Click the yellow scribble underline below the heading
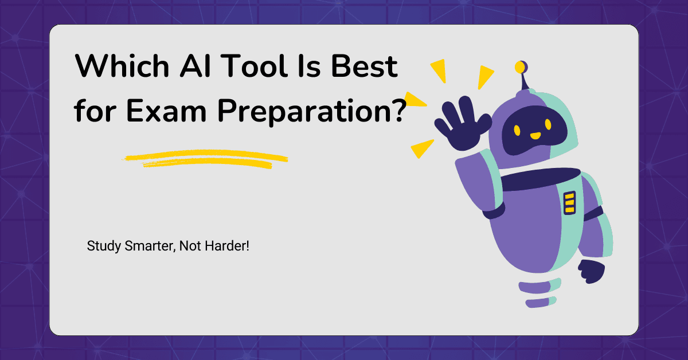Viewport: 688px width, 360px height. pyautogui.click(x=206, y=160)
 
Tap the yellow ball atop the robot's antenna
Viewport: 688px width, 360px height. pyautogui.click(x=520, y=67)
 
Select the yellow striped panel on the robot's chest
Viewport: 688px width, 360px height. pyautogui.click(x=569, y=203)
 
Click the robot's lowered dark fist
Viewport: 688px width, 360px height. pyautogui.click(x=591, y=271)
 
